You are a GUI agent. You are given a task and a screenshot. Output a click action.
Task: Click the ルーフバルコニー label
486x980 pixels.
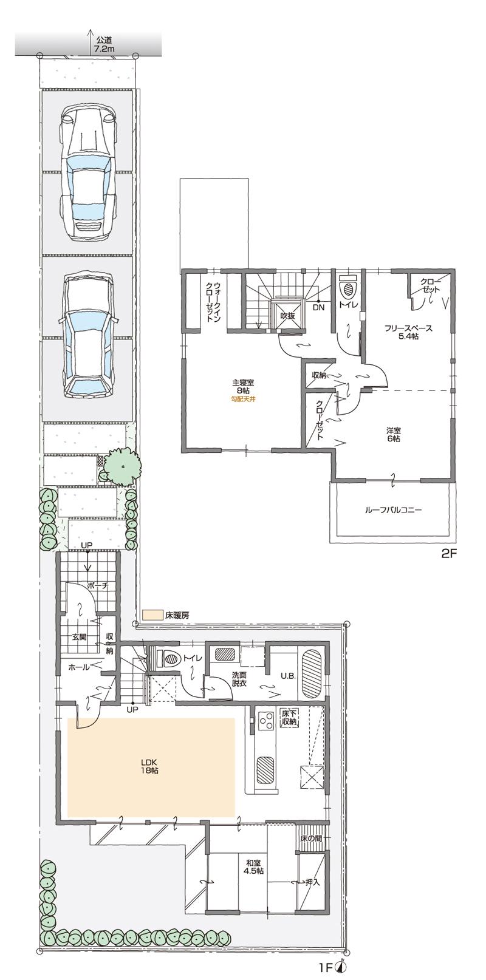click(393, 511)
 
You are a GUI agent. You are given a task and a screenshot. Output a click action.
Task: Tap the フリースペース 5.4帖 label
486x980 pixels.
click(408, 332)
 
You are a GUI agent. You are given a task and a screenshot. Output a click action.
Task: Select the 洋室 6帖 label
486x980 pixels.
click(392, 434)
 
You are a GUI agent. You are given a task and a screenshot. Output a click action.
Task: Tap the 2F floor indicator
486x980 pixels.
click(448, 554)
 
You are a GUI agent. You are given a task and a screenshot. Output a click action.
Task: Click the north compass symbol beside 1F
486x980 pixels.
click(344, 968)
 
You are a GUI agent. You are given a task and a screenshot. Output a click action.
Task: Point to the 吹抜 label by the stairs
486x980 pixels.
click(287, 316)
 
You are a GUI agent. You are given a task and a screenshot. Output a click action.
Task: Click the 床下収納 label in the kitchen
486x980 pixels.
click(289, 718)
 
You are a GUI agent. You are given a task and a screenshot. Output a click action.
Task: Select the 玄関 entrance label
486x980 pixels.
click(80, 637)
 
